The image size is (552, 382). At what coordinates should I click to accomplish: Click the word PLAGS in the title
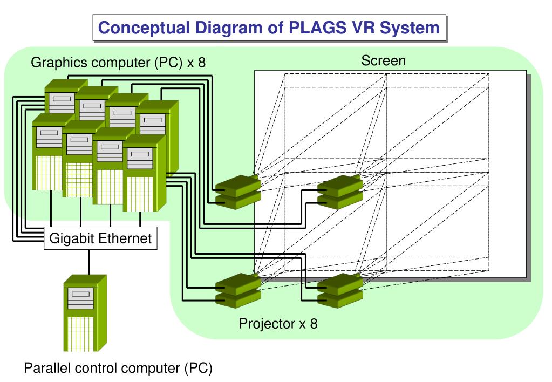pyautogui.click(x=317, y=28)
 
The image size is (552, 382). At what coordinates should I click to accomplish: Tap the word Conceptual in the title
pyautogui.click(x=144, y=28)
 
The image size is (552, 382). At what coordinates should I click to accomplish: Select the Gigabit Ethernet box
pyautogui.click(x=100, y=238)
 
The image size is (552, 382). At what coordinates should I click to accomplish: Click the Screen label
pyautogui.click(x=383, y=60)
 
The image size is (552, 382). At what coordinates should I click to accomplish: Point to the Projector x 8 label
pyautogui.click(x=278, y=324)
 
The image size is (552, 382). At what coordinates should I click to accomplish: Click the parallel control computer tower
pyautogui.click(x=85, y=313)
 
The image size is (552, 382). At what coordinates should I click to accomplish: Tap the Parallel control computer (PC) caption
pyautogui.click(x=118, y=369)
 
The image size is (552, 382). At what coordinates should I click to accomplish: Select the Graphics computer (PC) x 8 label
pyautogui.click(x=118, y=62)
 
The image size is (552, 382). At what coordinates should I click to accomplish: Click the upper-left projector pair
pyautogui.click(x=238, y=192)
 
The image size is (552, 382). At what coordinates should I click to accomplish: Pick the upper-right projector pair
pyautogui.click(x=340, y=192)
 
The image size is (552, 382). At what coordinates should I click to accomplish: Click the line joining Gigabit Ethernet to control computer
pyautogui.click(x=89, y=262)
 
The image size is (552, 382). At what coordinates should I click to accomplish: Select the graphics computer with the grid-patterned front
pyautogui.click(x=79, y=159)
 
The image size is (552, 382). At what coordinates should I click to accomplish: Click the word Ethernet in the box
pyautogui.click(x=125, y=238)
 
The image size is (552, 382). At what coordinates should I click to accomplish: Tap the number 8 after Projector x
pyautogui.click(x=314, y=324)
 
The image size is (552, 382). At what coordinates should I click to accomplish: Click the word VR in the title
pyautogui.click(x=363, y=28)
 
